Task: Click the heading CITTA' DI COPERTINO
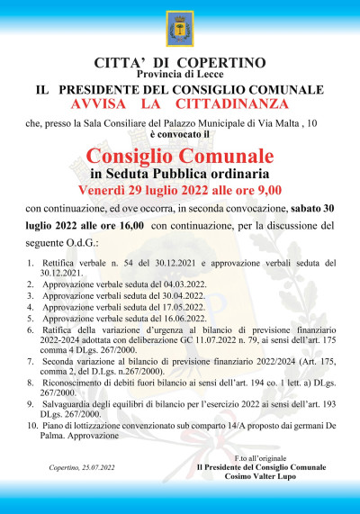(180, 62)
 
